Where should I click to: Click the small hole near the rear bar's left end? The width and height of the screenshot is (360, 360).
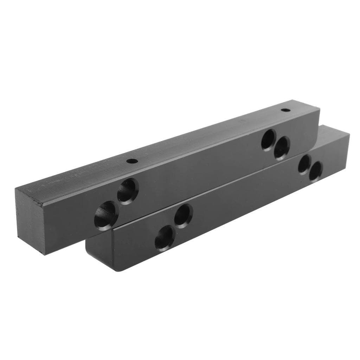(132, 161)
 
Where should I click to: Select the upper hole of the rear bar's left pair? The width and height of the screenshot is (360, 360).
(128, 190)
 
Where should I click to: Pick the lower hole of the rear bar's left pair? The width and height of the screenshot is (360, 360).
(106, 214)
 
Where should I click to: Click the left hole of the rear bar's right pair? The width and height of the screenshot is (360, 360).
(269, 140)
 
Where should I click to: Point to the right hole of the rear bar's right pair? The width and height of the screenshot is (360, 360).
(282, 148)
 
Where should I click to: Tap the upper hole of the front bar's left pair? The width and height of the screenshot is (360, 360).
(183, 215)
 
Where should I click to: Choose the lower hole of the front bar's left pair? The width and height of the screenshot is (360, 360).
(165, 238)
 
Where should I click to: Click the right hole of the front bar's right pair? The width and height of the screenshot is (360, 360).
(316, 171)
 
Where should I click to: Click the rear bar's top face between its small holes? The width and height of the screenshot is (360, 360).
(207, 135)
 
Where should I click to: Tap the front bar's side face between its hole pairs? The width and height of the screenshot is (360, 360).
(243, 204)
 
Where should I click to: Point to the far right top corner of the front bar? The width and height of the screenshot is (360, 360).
(349, 133)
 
